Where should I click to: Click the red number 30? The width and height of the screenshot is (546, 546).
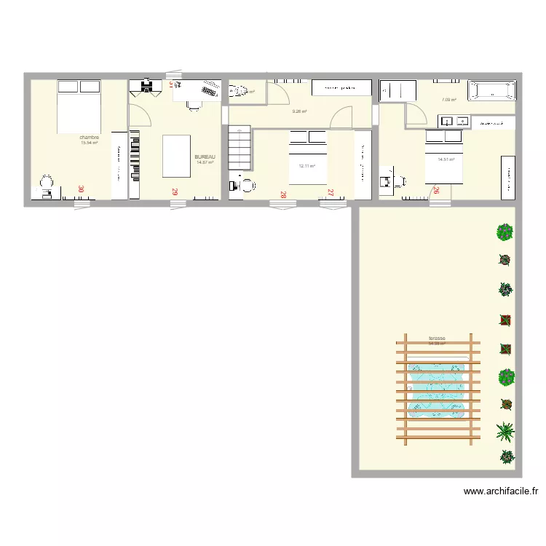[x=81, y=189]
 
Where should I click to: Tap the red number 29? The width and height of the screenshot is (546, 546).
[x=175, y=191]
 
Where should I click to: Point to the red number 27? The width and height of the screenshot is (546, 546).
[x=330, y=193]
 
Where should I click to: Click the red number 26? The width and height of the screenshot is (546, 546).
[x=436, y=191]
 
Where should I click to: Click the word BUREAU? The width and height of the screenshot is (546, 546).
[x=205, y=157]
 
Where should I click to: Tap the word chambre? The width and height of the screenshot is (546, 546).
[x=90, y=137]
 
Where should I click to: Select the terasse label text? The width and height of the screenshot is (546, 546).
[x=438, y=339]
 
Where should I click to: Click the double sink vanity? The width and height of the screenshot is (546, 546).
[x=454, y=121]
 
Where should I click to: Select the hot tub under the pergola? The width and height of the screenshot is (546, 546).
[x=437, y=389]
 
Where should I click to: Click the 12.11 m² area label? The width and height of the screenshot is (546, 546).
[x=306, y=166]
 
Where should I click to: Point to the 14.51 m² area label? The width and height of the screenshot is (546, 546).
[x=446, y=159]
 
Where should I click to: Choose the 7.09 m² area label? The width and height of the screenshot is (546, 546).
[x=448, y=100]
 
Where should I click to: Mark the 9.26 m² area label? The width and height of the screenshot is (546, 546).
[x=299, y=111]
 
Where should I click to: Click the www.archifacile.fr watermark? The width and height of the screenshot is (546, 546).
[x=500, y=492]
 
